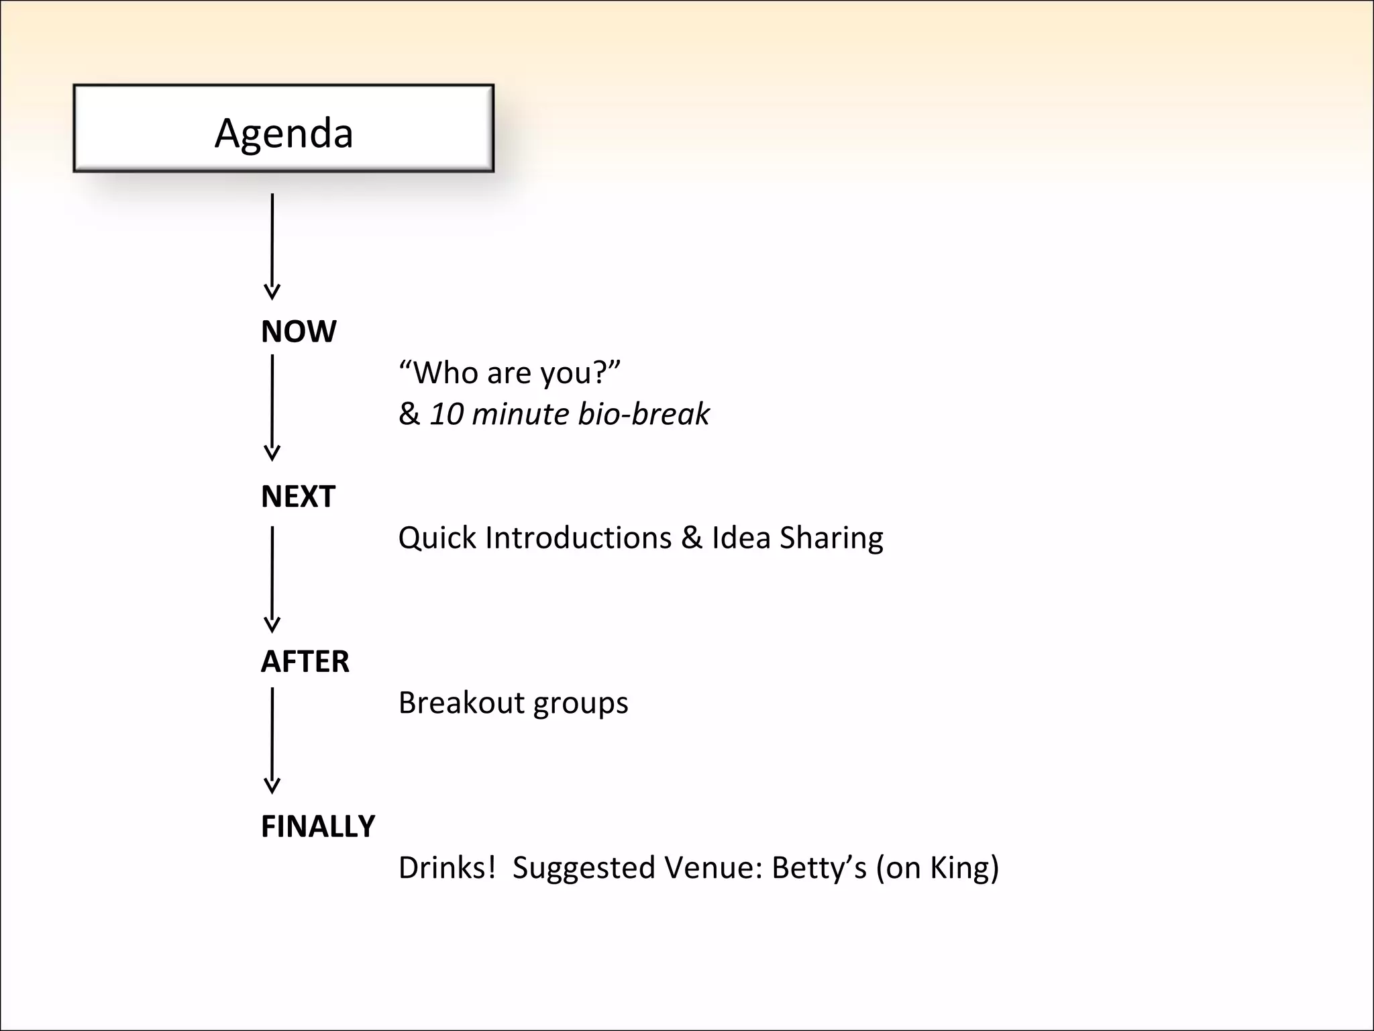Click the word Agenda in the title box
[x=284, y=133]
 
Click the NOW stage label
[x=299, y=332]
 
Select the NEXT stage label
[x=298, y=497]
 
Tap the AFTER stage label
[x=305, y=662]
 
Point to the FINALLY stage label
[x=318, y=826]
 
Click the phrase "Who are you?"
[x=510, y=373]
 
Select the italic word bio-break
[x=643, y=413]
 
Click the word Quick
[x=437, y=538]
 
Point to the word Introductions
[x=578, y=538]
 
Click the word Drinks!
[x=447, y=867]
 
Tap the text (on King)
[x=937, y=868]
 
